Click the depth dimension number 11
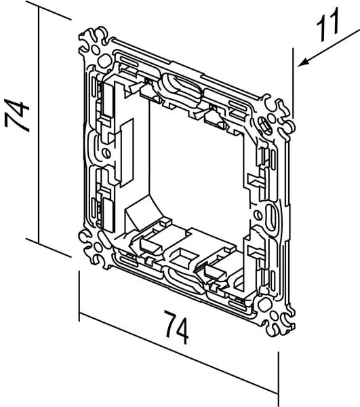tap(328, 24)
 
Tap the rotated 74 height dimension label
tap(17, 115)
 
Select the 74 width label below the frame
tap(176, 328)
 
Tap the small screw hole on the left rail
tap(106, 153)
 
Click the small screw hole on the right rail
tap(258, 215)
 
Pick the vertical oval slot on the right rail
tap(271, 216)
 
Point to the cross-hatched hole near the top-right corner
tap(264, 125)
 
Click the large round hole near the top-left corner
tap(104, 61)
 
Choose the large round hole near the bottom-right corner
tap(264, 305)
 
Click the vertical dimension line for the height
tap(39, 125)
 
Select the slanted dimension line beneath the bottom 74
tap(179, 353)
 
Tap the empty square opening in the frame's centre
tap(197, 172)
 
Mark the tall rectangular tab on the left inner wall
tap(127, 153)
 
